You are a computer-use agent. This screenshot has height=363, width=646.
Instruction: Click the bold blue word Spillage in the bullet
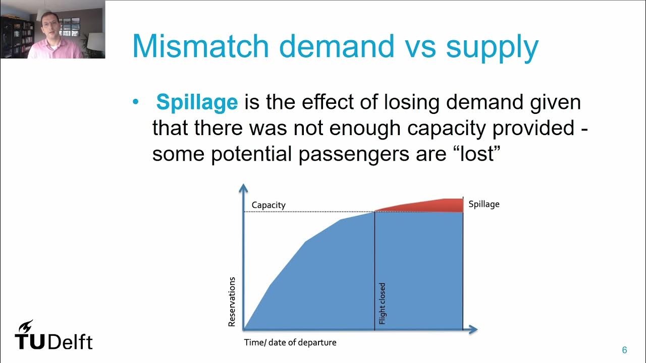pyautogui.click(x=197, y=102)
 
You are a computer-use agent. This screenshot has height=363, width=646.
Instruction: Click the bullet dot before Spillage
pyautogui.click(x=135, y=102)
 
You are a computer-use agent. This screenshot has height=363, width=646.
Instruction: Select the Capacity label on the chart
pyautogui.click(x=268, y=205)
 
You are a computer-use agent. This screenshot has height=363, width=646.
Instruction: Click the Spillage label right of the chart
pyautogui.click(x=484, y=204)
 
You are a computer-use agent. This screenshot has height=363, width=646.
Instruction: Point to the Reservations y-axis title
pyautogui.click(x=232, y=301)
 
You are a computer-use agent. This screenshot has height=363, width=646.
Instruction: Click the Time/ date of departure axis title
pyautogui.click(x=290, y=342)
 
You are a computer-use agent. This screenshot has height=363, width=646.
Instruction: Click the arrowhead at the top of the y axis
pyautogui.click(x=244, y=188)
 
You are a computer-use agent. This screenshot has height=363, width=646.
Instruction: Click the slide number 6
pyautogui.click(x=624, y=350)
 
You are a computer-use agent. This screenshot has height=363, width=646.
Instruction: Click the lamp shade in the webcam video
pyautogui.click(x=95, y=42)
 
